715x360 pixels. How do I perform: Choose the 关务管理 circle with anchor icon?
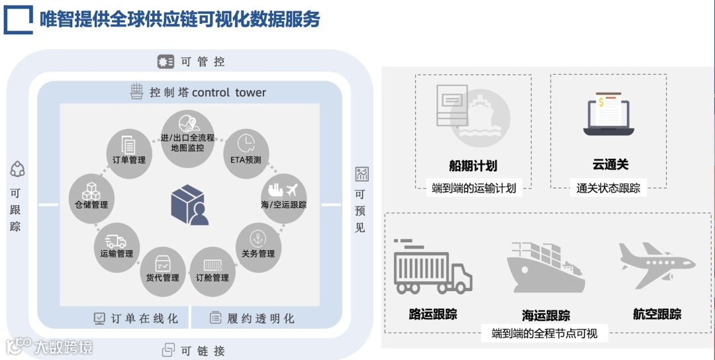click(x=258, y=244)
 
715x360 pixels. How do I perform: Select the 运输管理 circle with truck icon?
click(x=117, y=244)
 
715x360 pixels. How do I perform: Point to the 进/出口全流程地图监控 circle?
click(x=187, y=132)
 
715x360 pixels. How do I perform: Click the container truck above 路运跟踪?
click(x=432, y=266)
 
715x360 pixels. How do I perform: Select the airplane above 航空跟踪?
click(x=656, y=264)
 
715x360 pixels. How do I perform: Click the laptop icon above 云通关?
click(x=608, y=116)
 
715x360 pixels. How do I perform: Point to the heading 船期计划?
click(x=473, y=165)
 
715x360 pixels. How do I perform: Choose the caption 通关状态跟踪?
click(x=608, y=188)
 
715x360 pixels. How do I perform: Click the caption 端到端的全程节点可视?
click(x=544, y=334)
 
